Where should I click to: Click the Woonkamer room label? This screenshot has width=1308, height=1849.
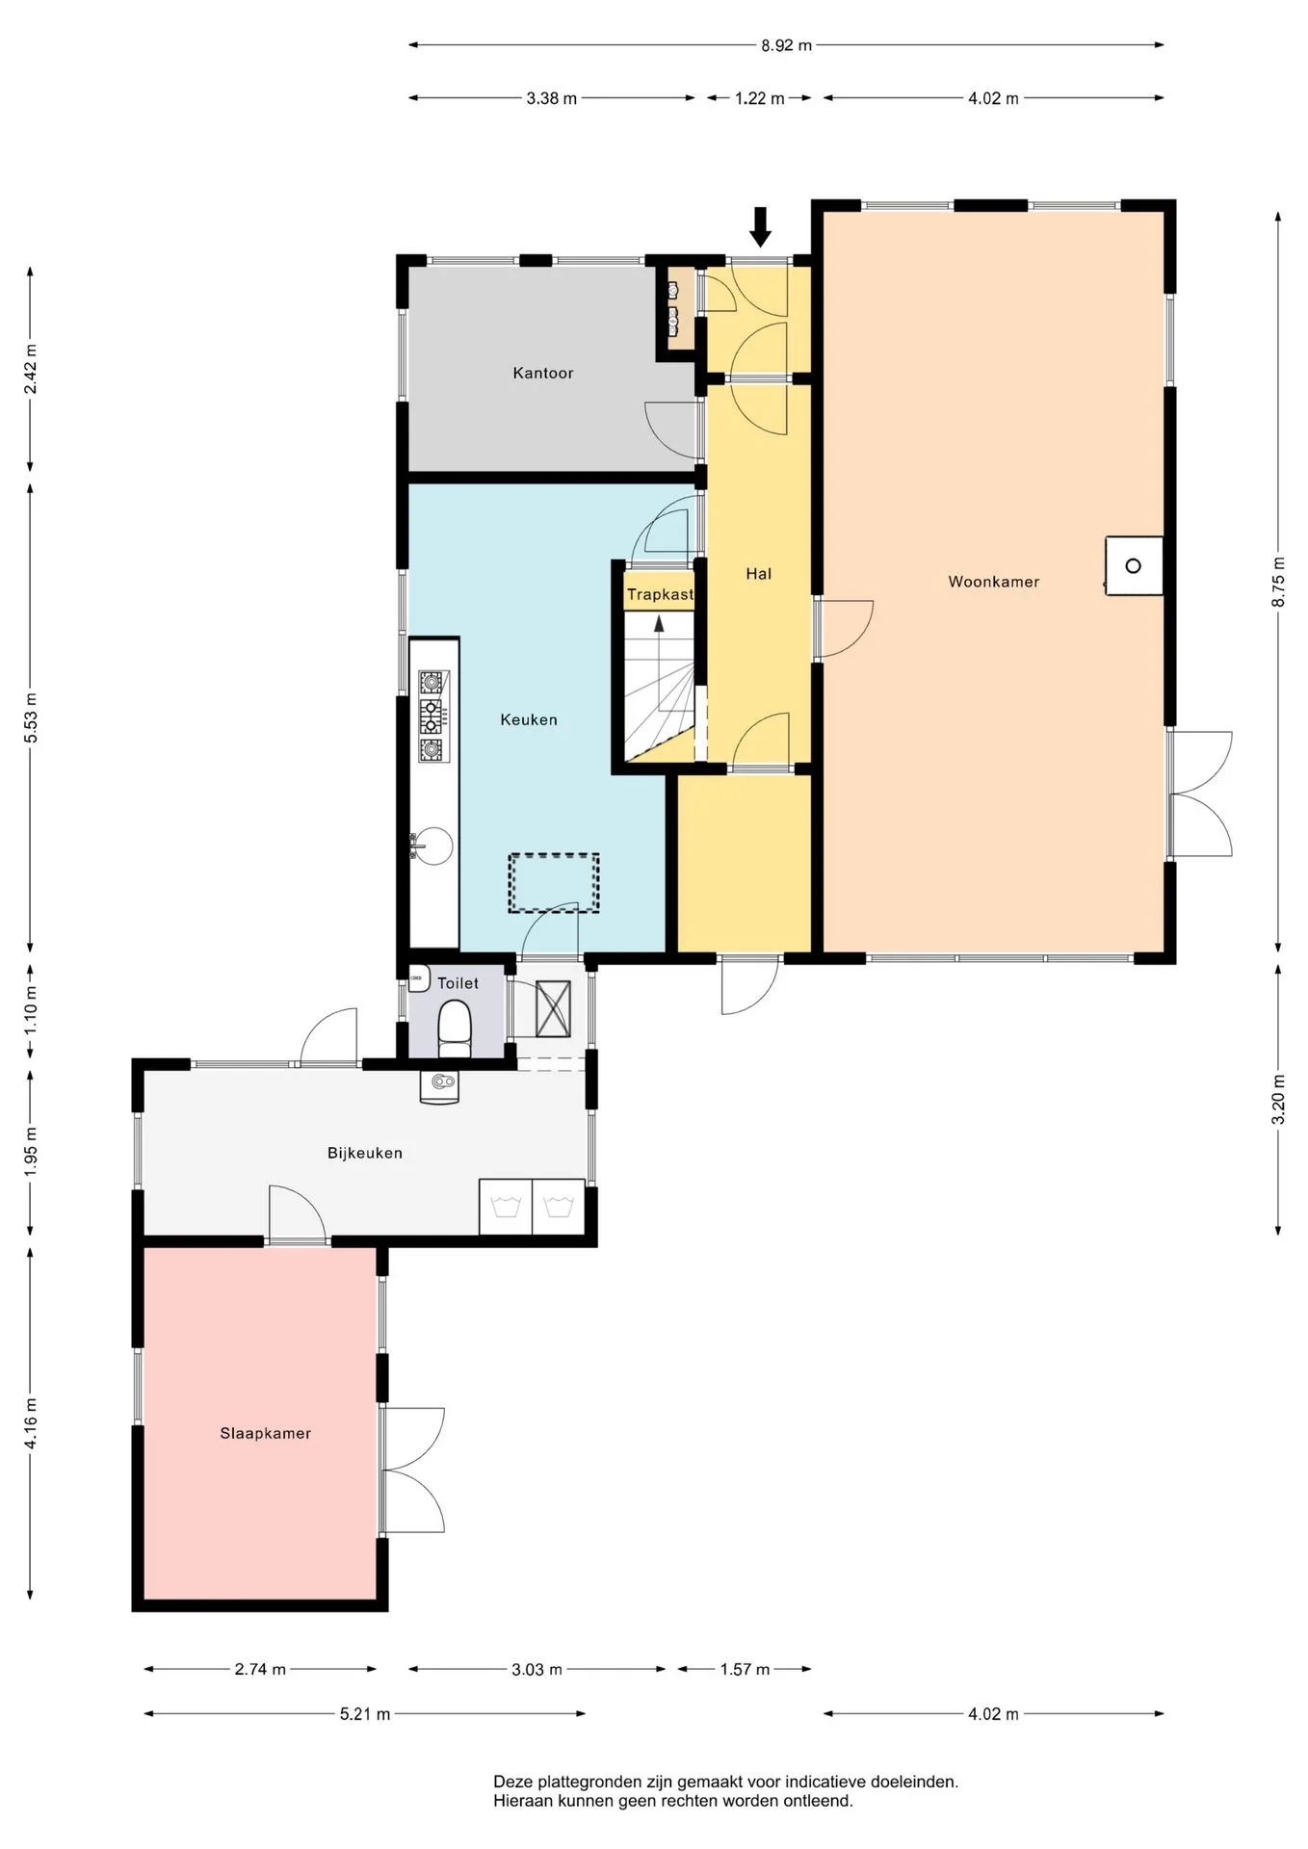[x=993, y=582]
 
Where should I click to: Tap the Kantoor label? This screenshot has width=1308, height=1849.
[x=543, y=373]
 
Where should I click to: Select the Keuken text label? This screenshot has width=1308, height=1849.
[x=529, y=719]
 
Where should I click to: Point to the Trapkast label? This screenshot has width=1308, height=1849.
[x=660, y=594]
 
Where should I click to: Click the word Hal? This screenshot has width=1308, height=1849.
[x=759, y=574]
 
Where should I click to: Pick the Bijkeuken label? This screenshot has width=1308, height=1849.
[x=365, y=1153]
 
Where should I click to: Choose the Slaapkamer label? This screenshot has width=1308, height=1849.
[x=266, y=1433]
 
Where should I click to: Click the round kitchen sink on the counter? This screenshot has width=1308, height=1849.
[x=433, y=846]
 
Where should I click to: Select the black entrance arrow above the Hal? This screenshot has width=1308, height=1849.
[x=761, y=227]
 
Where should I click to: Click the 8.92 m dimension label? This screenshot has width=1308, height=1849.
[x=786, y=45]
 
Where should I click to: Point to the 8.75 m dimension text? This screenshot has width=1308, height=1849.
[x=1279, y=582]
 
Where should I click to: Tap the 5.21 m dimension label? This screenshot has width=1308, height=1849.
[x=365, y=1714]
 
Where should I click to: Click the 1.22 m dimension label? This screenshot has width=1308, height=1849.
[x=760, y=98]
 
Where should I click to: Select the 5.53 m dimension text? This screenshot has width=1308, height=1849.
[x=31, y=718]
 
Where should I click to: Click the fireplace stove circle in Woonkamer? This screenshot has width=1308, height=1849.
[x=1134, y=566]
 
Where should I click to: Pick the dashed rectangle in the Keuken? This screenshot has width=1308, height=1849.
[x=554, y=883]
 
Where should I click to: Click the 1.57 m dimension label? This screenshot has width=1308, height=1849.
[x=746, y=1670]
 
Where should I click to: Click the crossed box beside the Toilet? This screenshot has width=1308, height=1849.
[x=553, y=1008]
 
